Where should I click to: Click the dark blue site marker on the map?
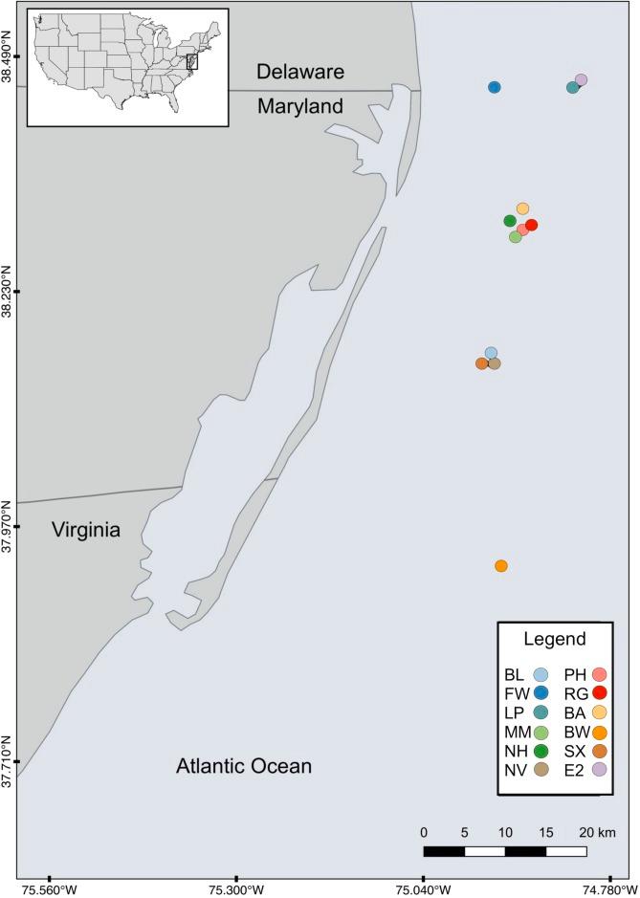(x=495, y=87)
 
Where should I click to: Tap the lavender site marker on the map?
(x=581, y=80)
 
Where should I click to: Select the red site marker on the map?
(x=532, y=225)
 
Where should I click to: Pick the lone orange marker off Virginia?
(x=501, y=566)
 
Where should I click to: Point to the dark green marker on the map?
(x=510, y=221)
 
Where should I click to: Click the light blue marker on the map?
(x=491, y=353)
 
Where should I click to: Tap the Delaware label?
(x=299, y=72)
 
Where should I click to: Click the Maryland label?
(x=300, y=107)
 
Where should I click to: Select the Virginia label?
(x=87, y=529)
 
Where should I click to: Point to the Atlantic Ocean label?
(x=244, y=766)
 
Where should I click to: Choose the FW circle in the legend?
(x=541, y=693)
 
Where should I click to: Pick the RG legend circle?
(x=601, y=693)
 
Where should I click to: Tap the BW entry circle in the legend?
(x=601, y=732)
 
